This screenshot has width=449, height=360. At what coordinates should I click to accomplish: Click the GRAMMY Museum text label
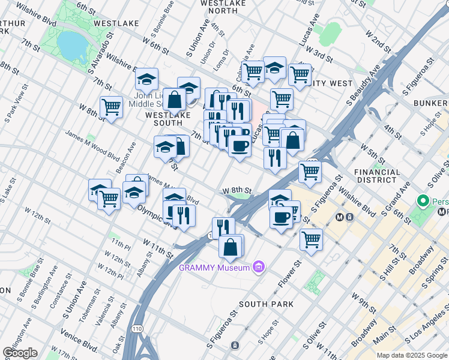coord(215,268)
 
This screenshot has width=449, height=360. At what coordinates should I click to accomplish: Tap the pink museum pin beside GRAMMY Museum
coord(259,266)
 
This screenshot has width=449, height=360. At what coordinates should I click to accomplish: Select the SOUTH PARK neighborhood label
coord(267,304)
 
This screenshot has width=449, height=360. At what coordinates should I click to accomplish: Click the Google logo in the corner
coord(20,353)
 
